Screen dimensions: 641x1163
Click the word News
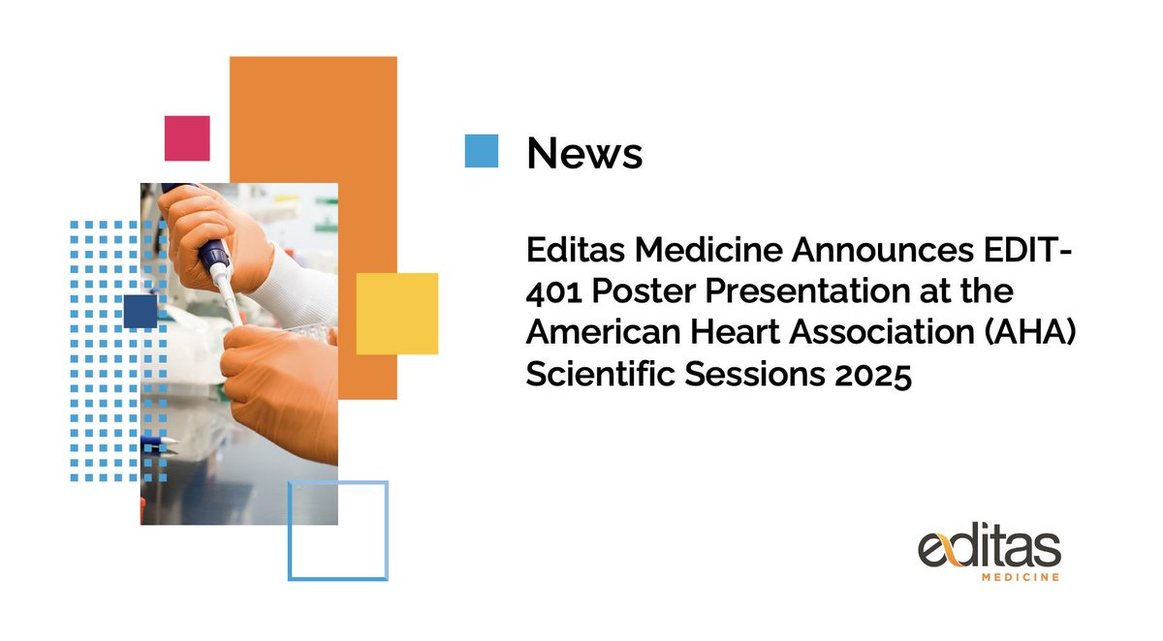583,152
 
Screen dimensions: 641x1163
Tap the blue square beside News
481,151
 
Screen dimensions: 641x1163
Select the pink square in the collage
187,137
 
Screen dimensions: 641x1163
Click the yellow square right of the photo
397,313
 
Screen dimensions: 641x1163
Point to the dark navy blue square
140,311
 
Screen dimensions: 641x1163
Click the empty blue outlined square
337,530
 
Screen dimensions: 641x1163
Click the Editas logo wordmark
990,548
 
